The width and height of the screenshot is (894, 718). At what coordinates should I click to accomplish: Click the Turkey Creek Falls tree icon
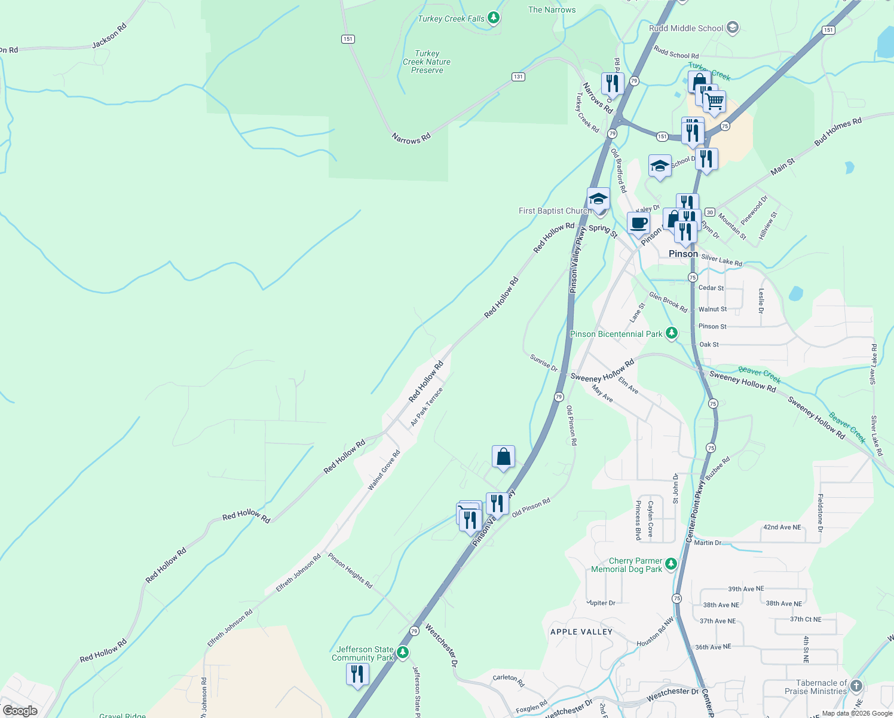tap(493, 18)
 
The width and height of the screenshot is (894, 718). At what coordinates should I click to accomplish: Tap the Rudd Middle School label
tap(686, 28)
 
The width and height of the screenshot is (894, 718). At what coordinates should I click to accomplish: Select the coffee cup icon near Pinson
tap(638, 223)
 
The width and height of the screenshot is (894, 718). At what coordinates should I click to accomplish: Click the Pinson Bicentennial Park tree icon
tap(672, 333)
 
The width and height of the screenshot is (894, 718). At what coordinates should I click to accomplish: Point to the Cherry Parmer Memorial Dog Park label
tap(626, 565)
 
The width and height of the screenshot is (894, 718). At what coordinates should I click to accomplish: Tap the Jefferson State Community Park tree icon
tap(403, 652)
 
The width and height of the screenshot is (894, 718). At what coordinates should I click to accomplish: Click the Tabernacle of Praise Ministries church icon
tap(856, 686)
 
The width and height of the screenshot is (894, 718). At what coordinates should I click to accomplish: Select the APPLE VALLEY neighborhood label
tap(581, 632)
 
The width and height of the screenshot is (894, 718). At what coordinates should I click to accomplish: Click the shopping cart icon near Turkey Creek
tap(714, 102)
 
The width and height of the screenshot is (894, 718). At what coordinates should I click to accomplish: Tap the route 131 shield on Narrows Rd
tap(518, 77)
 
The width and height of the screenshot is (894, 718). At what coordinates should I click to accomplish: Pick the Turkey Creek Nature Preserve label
tap(427, 62)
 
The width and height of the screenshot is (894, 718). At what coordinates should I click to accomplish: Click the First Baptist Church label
tap(555, 211)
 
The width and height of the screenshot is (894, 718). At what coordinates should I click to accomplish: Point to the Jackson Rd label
tap(109, 36)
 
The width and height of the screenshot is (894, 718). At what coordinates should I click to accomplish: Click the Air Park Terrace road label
tap(427, 407)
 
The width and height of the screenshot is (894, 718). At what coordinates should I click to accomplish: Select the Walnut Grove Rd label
tap(384, 470)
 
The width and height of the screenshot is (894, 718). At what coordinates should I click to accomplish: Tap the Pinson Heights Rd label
tap(350, 571)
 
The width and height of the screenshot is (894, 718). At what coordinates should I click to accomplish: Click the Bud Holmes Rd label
tap(838, 132)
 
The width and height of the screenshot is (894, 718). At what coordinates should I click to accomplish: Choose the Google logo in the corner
tap(20, 710)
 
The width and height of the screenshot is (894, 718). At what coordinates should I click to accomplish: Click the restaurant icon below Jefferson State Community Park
tap(357, 674)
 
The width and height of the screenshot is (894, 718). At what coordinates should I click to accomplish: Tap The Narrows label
tap(552, 10)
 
